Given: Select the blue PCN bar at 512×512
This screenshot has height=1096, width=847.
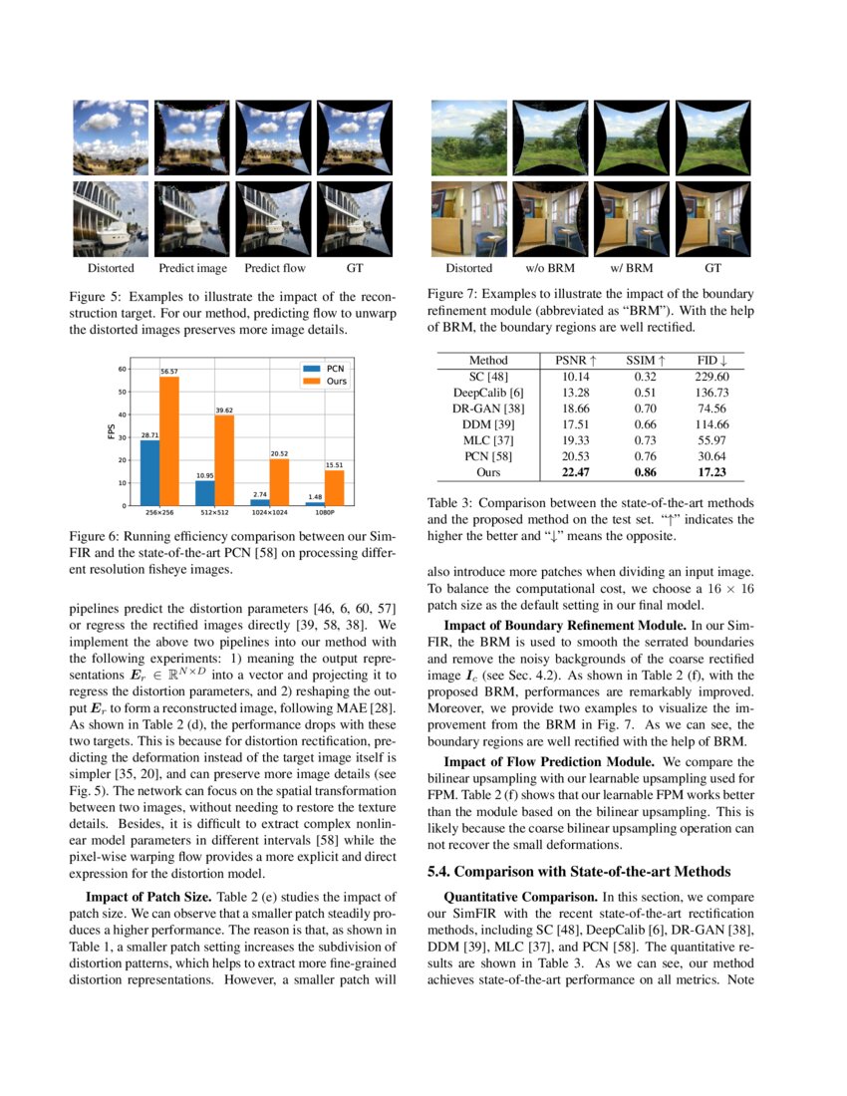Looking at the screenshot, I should [x=204, y=493].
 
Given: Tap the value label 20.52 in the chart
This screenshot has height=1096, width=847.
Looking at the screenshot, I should [x=279, y=453].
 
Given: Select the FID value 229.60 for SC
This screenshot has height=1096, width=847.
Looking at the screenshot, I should [x=711, y=377].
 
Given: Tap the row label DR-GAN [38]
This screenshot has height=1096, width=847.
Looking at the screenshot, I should [x=488, y=409].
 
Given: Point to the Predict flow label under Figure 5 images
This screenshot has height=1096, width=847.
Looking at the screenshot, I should [x=275, y=268].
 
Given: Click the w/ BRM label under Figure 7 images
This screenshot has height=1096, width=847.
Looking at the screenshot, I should [x=631, y=268].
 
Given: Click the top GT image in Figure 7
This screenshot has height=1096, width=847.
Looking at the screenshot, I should [x=712, y=138].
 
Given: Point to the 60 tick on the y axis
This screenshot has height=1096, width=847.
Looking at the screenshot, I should [x=123, y=369].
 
